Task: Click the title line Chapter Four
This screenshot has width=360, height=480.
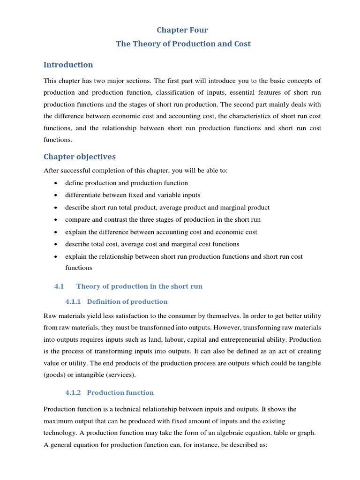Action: pos(182,30)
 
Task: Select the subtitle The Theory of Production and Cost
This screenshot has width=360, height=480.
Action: pos(183,44)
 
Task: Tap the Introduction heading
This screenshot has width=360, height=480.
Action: pos(68,65)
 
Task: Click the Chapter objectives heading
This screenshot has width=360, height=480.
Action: pos(80,157)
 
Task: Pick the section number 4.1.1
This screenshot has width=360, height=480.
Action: pos(74,301)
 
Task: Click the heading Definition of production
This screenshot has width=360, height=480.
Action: pos(127,301)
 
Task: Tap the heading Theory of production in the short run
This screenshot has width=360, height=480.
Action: pos(139,286)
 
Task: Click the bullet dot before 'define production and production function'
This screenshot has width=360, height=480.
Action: pos(56,183)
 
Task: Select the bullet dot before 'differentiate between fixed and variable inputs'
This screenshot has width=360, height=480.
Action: pos(56,195)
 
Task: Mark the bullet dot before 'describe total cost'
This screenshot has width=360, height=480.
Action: pos(56,244)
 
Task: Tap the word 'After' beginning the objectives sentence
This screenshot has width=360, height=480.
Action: pos(51,171)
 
